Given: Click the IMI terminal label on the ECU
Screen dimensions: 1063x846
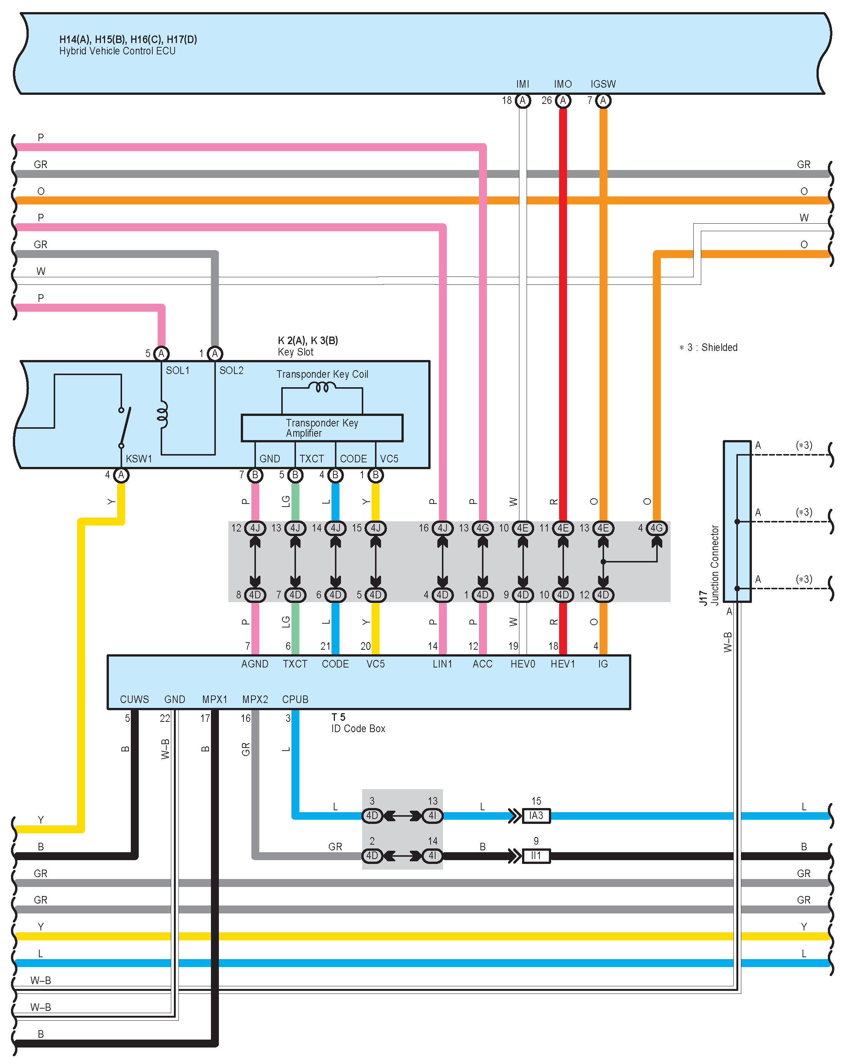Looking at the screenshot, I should click(x=522, y=84).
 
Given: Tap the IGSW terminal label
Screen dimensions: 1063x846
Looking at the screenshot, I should click(x=603, y=84).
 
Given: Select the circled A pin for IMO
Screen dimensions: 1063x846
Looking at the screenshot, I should click(x=563, y=100).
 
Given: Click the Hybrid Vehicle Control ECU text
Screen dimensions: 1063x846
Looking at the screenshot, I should click(x=118, y=51).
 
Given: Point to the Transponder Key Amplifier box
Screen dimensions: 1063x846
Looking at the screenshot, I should click(x=322, y=428).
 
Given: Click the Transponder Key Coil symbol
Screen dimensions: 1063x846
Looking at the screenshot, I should click(x=322, y=388).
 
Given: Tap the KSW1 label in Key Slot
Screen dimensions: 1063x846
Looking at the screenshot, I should click(x=139, y=459).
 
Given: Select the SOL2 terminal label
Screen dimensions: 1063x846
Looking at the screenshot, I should click(x=231, y=370).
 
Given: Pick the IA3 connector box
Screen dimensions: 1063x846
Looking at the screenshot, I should click(x=536, y=816).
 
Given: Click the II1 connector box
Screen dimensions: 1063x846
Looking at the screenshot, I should click(x=536, y=856).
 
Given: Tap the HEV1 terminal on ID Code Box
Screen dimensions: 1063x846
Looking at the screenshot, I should click(x=563, y=664).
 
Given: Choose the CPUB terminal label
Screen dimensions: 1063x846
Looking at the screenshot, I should click(x=295, y=699).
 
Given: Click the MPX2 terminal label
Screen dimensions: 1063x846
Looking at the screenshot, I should click(x=255, y=699).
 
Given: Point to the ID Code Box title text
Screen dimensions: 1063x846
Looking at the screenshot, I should click(x=358, y=728).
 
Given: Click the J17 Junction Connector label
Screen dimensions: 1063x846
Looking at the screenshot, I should click(x=710, y=564).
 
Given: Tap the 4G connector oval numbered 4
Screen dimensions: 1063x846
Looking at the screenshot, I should click(x=657, y=528).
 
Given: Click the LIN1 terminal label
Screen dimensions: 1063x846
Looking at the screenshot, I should click(x=443, y=664).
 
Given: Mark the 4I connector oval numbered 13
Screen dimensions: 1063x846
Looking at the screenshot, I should click(x=432, y=816).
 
